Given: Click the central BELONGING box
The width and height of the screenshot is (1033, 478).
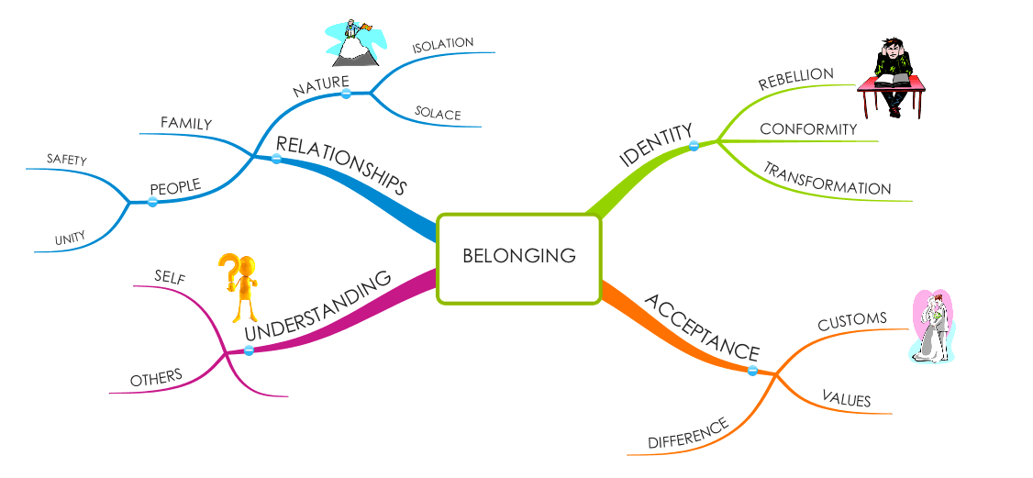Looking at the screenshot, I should click(519, 257).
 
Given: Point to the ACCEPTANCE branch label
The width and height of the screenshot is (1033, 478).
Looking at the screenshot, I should click(703, 327).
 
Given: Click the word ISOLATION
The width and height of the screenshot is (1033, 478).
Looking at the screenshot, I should click(442, 44).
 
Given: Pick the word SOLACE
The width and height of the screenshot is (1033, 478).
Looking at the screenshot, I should click(438, 115).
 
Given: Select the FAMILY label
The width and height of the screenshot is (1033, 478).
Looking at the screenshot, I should click(186, 123).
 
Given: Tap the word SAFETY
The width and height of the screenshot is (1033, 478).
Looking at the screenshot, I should click(67, 161).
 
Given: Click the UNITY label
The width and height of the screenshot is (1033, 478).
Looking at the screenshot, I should click(70, 239).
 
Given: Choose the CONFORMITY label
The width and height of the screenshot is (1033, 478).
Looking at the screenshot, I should click(808, 129).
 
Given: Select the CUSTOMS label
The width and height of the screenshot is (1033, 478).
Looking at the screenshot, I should click(852, 321).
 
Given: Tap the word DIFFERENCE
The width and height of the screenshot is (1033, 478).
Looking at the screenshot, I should click(688, 433).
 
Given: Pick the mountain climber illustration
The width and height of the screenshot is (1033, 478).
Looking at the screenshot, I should click(353, 44).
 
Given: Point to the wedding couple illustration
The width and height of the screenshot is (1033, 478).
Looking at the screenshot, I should click(933, 326).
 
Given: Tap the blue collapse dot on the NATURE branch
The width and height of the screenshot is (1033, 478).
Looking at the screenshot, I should click(346, 94).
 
